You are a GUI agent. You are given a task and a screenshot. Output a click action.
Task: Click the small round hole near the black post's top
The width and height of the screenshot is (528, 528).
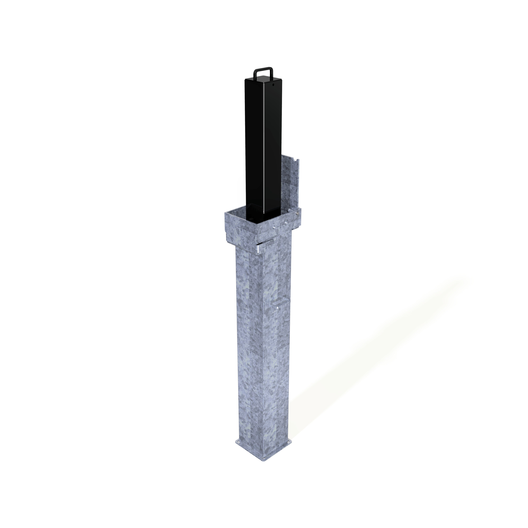(273, 85)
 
